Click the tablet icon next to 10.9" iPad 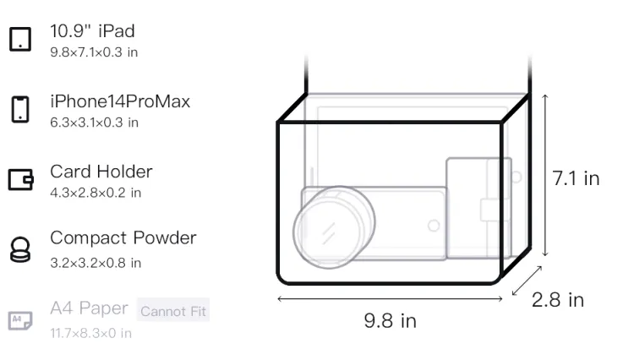click(20, 39)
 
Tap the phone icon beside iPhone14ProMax click(20, 109)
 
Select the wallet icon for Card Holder click(20, 179)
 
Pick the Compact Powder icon click(20, 249)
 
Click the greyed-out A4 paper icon click(20, 320)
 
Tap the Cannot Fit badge click(173, 310)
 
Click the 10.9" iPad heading click(92, 31)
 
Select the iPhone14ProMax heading click(120, 101)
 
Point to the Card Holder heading click(101, 172)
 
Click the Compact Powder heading click(123, 238)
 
